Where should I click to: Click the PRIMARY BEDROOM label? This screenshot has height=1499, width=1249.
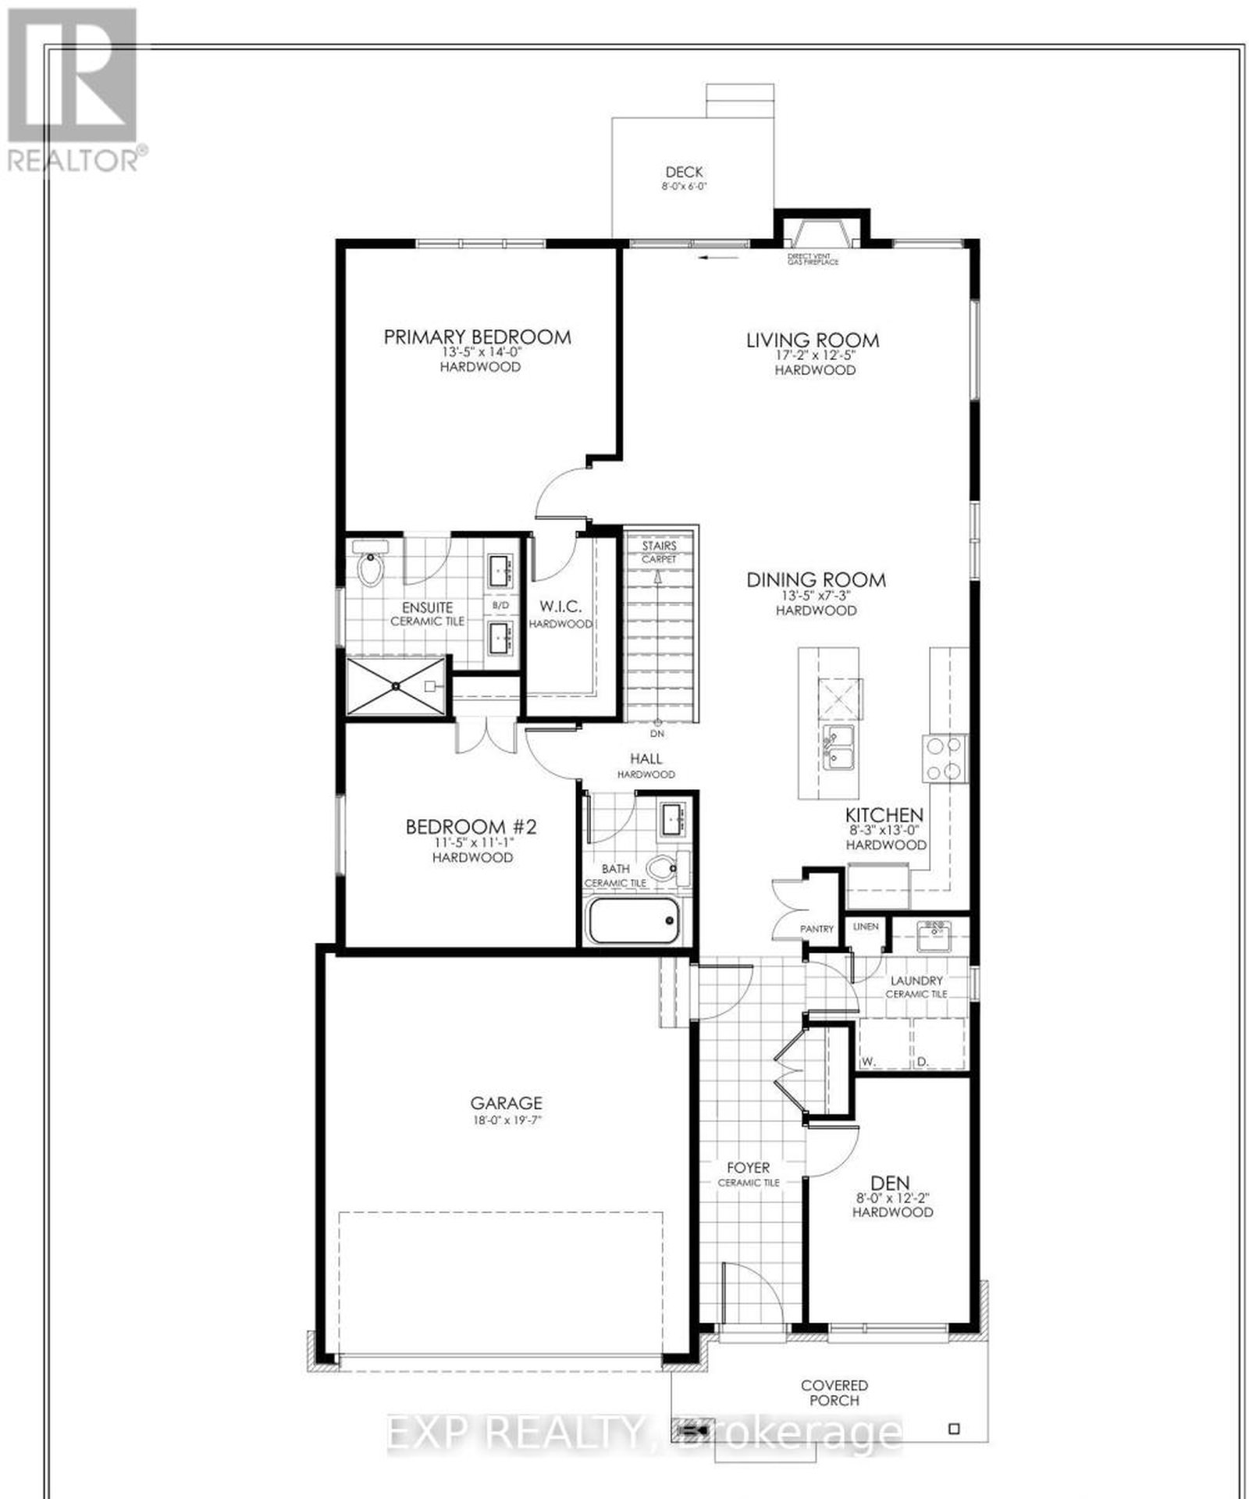coord(477,336)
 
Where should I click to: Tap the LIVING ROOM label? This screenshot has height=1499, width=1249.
coord(813,340)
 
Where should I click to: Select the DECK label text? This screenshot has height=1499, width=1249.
coord(684,172)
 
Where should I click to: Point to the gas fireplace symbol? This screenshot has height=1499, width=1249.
coord(818,234)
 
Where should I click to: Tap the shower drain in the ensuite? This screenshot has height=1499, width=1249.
coord(397,685)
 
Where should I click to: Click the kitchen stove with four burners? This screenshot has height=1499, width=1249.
coord(945,759)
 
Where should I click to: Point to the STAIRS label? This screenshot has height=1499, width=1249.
coord(659,546)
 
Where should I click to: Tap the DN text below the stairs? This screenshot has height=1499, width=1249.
coord(657,734)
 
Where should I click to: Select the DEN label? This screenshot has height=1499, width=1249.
coord(892,1183)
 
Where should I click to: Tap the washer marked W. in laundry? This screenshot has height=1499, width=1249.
coord(884,1045)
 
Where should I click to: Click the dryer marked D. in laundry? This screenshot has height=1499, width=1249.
coord(940,1045)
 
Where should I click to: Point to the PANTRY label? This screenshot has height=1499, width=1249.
coord(817,929)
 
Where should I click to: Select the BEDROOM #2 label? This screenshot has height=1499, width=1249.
coord(471,826)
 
